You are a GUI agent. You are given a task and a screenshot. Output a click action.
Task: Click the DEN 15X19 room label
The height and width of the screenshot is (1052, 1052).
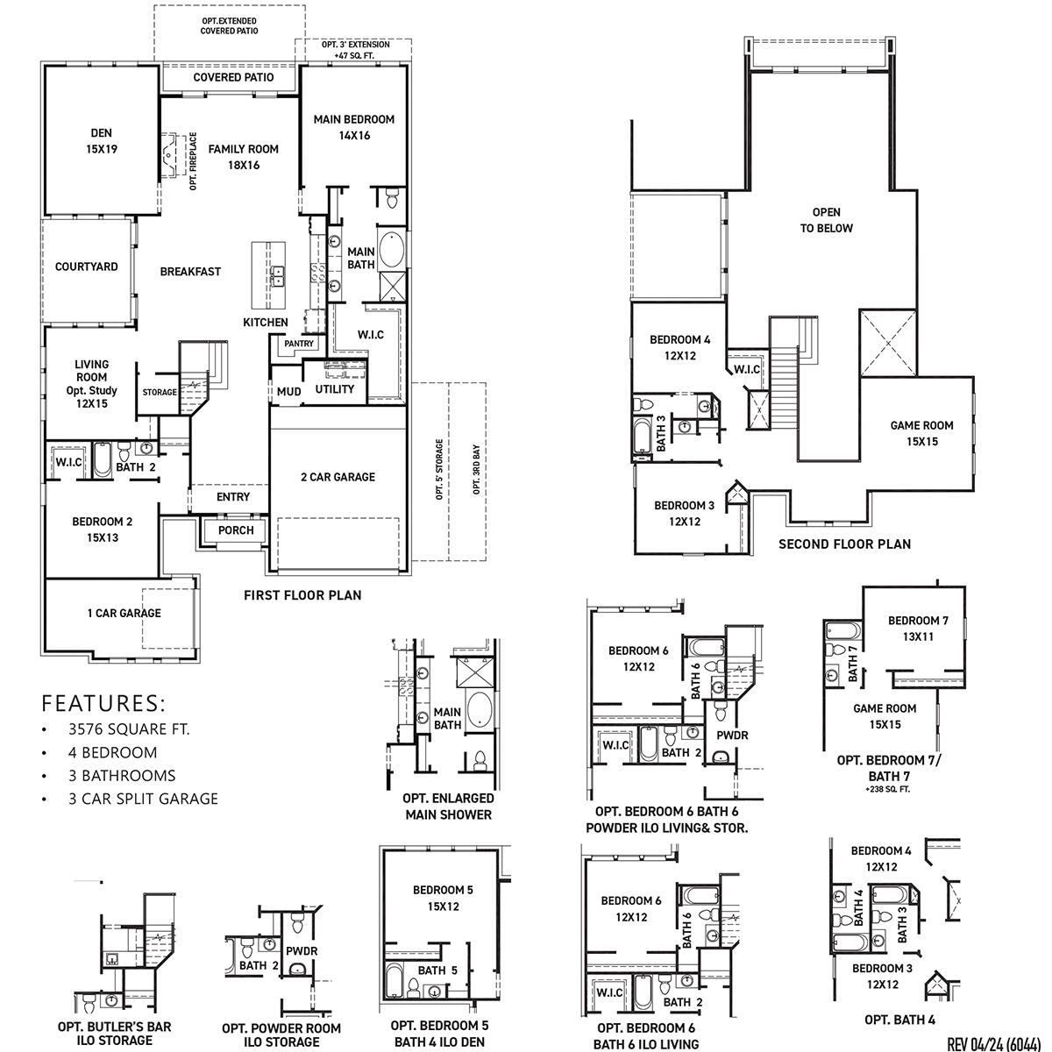coord(103,141)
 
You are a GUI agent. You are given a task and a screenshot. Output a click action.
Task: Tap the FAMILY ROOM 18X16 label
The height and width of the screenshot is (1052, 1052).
coord(243,157)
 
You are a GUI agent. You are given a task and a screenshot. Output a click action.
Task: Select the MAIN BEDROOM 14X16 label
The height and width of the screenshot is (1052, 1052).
coord(354,127)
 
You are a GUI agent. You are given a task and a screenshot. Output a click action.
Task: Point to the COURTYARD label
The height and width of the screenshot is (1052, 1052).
coord(87,267)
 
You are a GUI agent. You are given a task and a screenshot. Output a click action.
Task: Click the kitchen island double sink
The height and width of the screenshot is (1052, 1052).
coord(278,276)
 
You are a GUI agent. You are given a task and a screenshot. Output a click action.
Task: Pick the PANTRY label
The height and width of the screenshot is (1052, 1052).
coord(299,345)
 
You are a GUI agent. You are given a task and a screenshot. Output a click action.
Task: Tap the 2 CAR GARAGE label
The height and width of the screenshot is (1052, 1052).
coord(338,477)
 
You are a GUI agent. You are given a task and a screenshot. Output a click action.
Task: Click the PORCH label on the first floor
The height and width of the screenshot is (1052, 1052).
coord(236,530)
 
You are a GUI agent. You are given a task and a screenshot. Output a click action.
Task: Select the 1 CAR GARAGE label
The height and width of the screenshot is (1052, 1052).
coord(124,613)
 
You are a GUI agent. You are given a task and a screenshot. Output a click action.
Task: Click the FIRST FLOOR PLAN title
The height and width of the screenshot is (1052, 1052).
coord(302,595)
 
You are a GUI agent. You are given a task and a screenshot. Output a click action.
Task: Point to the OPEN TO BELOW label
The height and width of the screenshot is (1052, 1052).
coord(826,220)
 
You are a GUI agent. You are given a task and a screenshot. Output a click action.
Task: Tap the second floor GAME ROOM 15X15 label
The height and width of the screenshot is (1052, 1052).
coord(921,433)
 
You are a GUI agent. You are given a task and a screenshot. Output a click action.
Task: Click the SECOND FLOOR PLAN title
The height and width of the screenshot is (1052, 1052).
coord(844,544)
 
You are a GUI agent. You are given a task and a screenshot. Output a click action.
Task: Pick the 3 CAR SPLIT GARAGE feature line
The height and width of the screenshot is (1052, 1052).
coord(143,798)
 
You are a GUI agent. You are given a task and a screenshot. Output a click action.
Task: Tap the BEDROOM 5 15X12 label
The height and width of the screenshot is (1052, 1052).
coord(443,898)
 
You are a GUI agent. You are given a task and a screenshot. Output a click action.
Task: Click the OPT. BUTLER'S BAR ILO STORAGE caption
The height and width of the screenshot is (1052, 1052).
coord(114,1034)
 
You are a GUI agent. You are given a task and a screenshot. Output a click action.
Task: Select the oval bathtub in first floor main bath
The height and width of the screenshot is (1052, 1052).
coord(391,250)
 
